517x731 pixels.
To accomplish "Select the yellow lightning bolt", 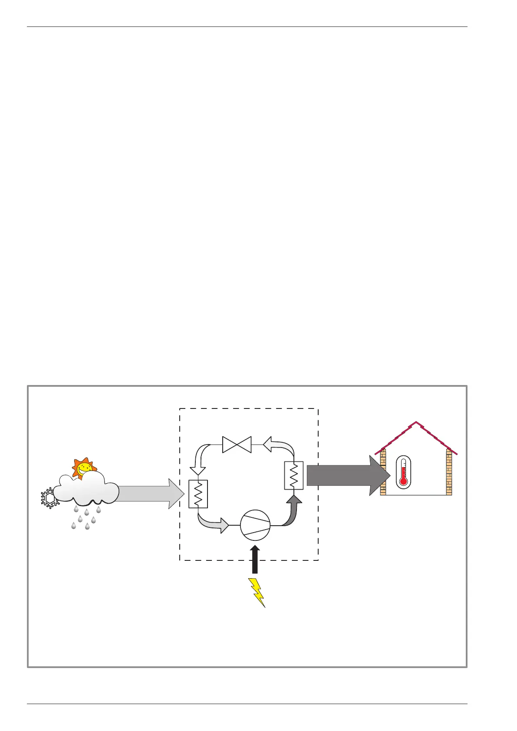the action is (257, 592).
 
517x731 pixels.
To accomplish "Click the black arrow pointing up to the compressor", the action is (255, 560).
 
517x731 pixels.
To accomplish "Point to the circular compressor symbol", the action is (255, 525).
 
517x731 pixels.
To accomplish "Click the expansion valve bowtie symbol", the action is (237, 445).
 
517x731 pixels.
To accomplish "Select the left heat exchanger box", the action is (198, 494).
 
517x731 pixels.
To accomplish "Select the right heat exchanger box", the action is (293, 475).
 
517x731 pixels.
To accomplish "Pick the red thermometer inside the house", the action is (403, 472).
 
